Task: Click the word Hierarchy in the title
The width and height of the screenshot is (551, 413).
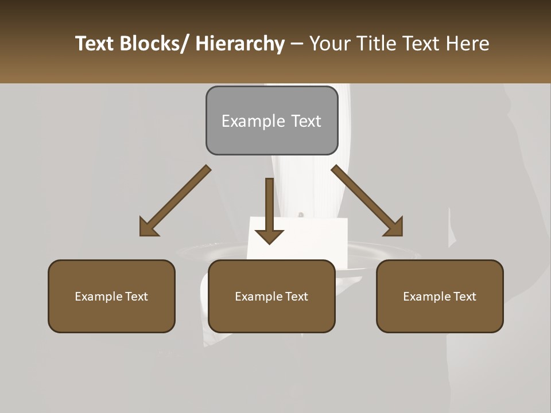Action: coord(240,44)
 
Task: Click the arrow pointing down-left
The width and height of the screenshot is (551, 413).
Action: coord(174,201)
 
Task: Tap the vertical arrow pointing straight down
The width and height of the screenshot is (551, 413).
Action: coord(269,209)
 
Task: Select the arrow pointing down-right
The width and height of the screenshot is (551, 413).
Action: coord(367,201)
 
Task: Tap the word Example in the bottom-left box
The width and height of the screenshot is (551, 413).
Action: coord(98,297)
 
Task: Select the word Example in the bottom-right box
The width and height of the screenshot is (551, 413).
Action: coord(426,297)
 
